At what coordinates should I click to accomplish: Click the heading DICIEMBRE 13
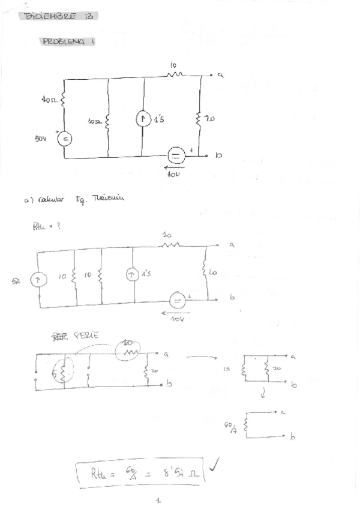[58, 16]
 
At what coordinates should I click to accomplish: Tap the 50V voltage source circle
[64, 139]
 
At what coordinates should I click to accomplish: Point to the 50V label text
[41, 138]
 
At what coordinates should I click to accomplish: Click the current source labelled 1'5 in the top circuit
[142, 119]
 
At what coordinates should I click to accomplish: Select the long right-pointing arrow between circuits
[199, 358]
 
